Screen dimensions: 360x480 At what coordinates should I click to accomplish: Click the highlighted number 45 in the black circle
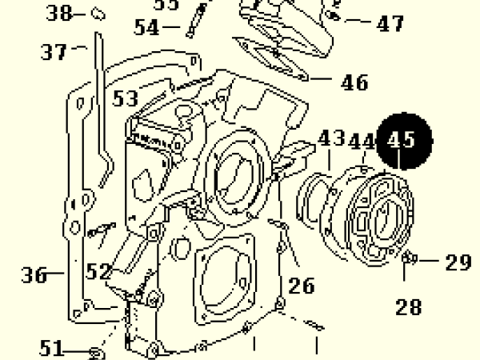pos(402,142)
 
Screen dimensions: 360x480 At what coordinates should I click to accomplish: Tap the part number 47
pos(390,24)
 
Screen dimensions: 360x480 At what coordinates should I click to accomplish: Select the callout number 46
pos(354,82)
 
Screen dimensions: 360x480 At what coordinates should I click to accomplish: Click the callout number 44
pos(362,142)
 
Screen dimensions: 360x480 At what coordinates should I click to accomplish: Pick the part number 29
pos(458,262)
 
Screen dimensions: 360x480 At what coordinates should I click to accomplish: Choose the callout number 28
pos(409,306)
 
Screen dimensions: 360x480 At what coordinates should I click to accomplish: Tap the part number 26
pos(302,285)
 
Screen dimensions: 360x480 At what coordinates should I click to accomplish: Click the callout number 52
pos(99,272)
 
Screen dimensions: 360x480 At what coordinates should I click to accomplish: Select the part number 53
pos(125,98)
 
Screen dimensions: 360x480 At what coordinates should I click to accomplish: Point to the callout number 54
pos(146,26)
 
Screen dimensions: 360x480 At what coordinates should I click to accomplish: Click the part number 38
pos(58,12)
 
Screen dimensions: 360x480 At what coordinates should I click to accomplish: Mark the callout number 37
pos(54,52)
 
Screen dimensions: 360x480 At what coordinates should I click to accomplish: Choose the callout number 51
pos(52,348)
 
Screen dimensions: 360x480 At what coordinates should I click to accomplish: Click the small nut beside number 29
pos(409,258)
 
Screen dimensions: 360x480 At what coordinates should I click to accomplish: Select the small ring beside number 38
pos(98,13)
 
